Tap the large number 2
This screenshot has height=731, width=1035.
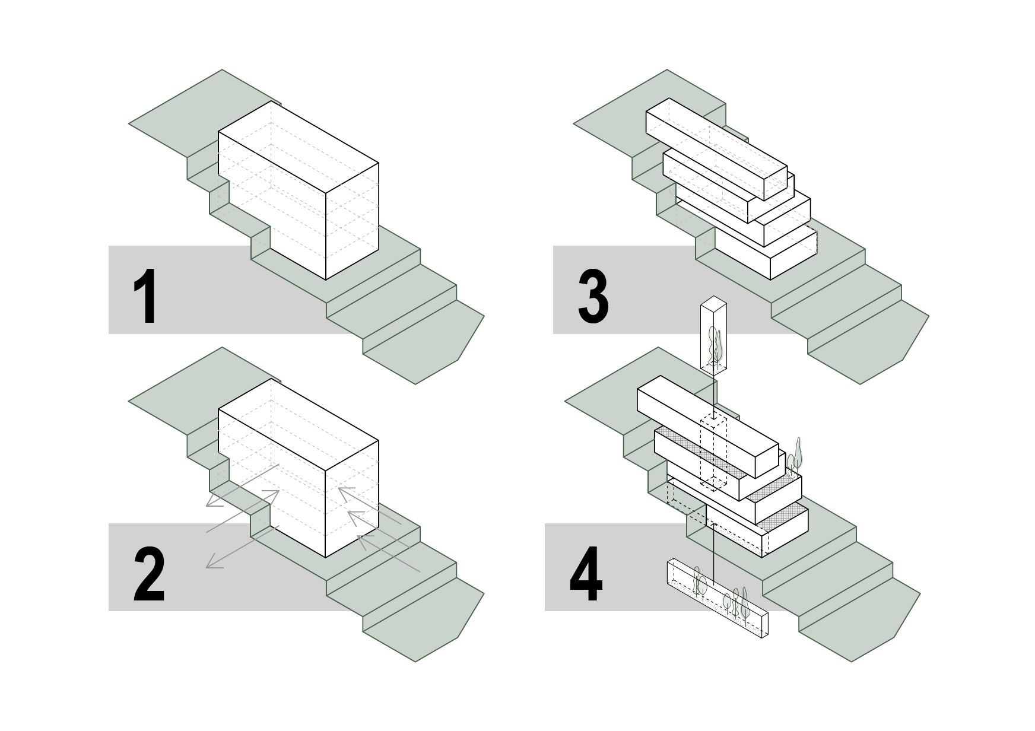[148, 574]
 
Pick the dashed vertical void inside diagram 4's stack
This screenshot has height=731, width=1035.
[713, 451]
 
